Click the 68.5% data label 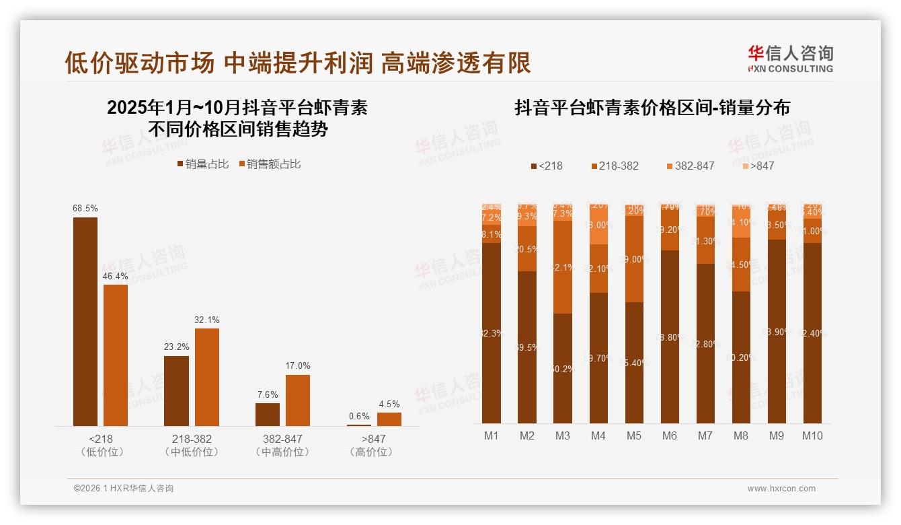coord(85,209)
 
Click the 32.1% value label coord(207,320)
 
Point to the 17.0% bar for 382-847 coord(298,400)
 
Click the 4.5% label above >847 coord(389,404)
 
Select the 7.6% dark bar coord(268,414)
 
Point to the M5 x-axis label coord(633,435)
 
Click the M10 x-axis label coord(812,435)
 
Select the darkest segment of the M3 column coord(563,368)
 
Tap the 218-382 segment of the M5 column coord(633,258)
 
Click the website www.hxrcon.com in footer coord(781,489)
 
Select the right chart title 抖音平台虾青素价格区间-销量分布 coord(652,108)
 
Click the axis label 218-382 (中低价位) coord(192,445)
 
